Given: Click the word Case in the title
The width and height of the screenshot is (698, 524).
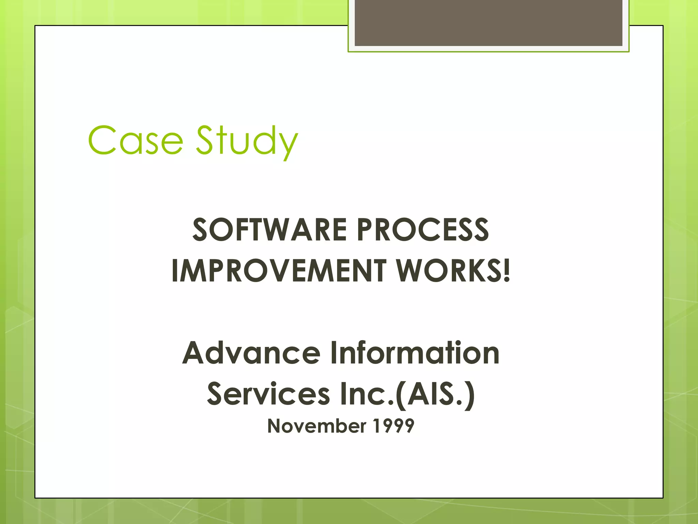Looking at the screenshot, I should (x=135, y=140).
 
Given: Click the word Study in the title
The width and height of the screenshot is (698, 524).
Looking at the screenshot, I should (x=247, y=141).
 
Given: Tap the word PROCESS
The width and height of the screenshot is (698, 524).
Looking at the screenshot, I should (x=423, y=230).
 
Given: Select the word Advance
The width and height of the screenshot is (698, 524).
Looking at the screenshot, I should (x=251, y=353).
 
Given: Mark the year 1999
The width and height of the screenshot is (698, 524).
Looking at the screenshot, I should (x=394, y=426).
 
